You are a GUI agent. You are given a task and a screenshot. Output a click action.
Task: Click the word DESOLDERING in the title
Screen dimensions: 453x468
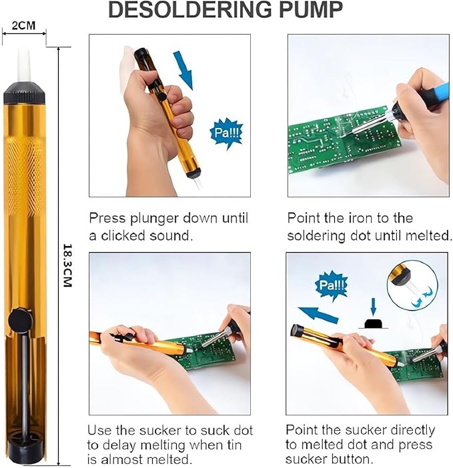[190, 10]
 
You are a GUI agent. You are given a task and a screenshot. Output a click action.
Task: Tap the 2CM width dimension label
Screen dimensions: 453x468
[23, 25]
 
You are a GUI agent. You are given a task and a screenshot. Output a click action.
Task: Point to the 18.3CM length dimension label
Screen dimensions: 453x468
[68, 265]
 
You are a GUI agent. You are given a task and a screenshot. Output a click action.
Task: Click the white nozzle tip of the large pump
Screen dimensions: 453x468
[24, 65]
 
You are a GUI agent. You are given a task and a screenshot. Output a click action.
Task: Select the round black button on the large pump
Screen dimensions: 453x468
[20, 320]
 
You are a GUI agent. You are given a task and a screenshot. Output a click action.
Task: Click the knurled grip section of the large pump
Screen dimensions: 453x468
[24, 176]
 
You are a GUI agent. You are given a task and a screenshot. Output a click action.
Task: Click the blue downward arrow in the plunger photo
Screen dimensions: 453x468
[183, 71]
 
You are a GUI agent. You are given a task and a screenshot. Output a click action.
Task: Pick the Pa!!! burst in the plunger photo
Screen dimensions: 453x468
[225, 133]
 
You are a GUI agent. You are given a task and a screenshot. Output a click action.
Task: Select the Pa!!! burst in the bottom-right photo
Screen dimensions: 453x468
[332, 285]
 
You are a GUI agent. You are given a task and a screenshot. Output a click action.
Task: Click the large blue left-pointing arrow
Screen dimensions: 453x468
[318, 315]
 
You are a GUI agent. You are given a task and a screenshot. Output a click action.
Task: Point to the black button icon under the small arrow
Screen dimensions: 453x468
[373, 324]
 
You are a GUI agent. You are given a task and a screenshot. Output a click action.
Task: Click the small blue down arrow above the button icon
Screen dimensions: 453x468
[373, 307]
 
